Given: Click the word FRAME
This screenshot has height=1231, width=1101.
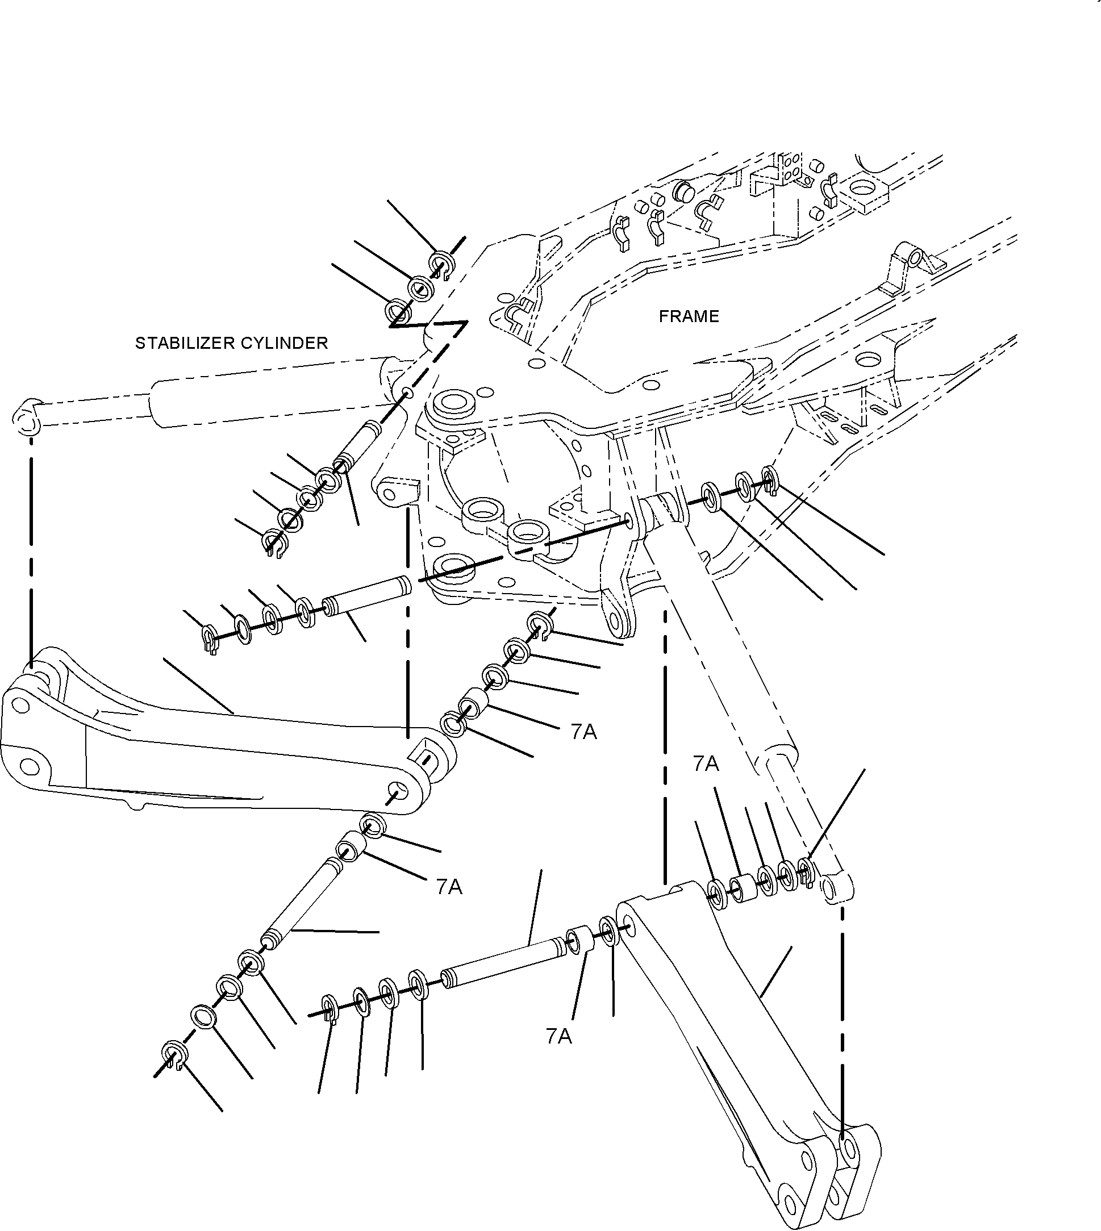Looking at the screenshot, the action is (689, 316).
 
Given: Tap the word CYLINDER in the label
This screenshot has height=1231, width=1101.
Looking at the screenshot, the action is (280, 343).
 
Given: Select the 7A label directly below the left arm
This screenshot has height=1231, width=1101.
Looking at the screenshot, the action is (448, 887).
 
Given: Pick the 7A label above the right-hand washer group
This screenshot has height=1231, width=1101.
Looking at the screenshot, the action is (706, 764).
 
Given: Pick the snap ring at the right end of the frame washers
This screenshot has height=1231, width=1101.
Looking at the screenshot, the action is (769, 478).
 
